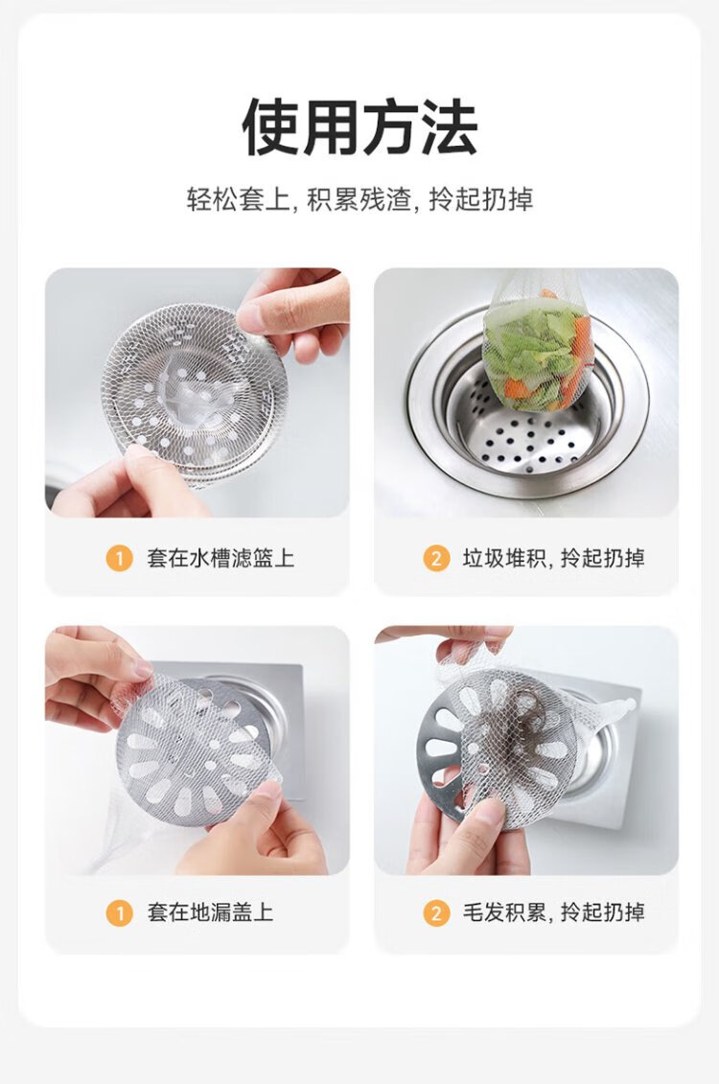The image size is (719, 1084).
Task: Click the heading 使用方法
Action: (359, 127)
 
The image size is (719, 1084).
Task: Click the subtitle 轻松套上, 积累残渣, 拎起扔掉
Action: (359, 199)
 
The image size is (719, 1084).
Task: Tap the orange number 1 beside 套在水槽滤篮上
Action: (119, 557)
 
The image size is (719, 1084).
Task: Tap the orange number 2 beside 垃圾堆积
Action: (435, 557)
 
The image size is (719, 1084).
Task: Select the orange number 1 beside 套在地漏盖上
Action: (119, 912)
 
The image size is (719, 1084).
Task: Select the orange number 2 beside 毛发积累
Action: (435, 912)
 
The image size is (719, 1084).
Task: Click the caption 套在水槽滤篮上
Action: (220, 557)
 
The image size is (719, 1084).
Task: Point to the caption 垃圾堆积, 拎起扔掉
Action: (553, 557)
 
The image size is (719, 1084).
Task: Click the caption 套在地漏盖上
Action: (210, 912)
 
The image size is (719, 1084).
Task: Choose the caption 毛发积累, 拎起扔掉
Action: (553, 912)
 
